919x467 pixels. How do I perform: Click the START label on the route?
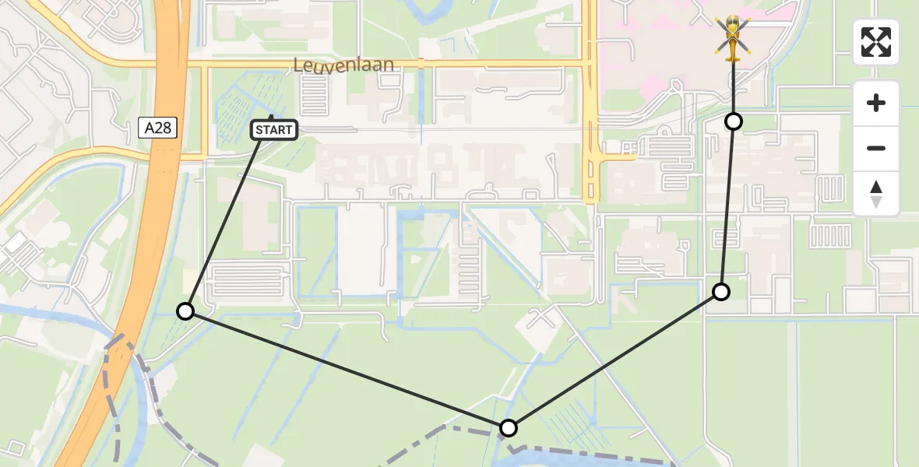click(x=274, y=130)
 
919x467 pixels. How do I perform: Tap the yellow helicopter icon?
click(x=733, y=38)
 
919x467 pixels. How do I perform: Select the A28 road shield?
click(x=158, y=128)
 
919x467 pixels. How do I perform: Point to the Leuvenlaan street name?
click(x=343, y=65)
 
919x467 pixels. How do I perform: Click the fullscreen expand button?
click(x=876, y=42)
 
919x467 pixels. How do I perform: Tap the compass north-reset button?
click(x=876, y=194)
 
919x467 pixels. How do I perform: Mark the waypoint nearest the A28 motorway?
click(x=185, y=311)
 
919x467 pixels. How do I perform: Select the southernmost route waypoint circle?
click(x=508, y=427)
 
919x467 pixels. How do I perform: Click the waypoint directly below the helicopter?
click(x=734, y=121)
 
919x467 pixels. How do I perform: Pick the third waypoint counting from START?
click(x=721, y=292)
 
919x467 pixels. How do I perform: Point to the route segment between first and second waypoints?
click(x=347, y=370)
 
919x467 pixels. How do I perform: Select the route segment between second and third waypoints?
click(x=615, y=360)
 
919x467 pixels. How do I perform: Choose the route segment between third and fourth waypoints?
click(x=727, y=206)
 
